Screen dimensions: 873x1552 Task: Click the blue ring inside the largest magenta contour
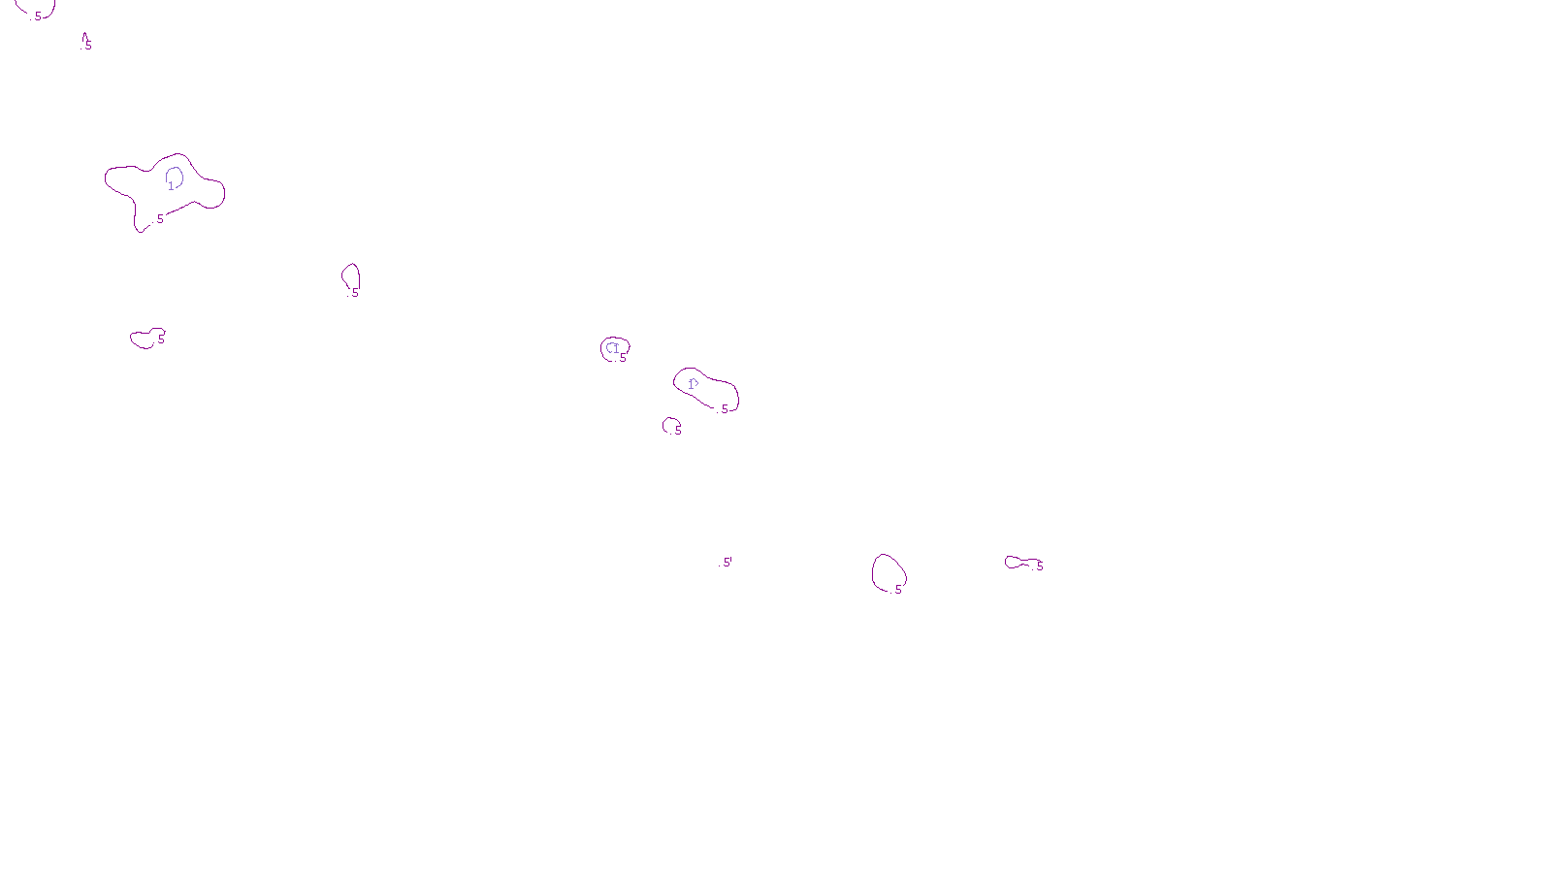click(x=175, y=177)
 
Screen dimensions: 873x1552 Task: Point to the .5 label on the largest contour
click(x=159, y=219)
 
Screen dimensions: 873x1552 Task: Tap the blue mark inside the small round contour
click(x=613, y=348)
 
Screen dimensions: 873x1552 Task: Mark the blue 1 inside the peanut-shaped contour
click(x=692, y=384)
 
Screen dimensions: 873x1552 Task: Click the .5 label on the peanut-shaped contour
click(x=723, y=409)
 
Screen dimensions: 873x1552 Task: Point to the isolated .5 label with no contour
click(x=727, y=563)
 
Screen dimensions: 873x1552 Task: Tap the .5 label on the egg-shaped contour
click(x=897, y=590)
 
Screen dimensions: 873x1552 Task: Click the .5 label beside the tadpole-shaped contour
click(x=1039, y=566)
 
